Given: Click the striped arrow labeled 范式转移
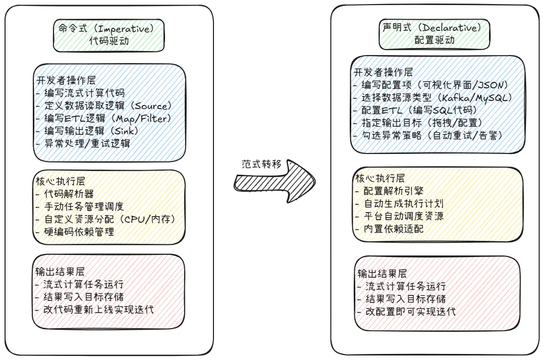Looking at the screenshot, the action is [x=274, y=181].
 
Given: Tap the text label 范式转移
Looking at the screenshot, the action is [x=261, y=164].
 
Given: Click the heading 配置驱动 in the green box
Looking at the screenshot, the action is [x=434, y=40].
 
